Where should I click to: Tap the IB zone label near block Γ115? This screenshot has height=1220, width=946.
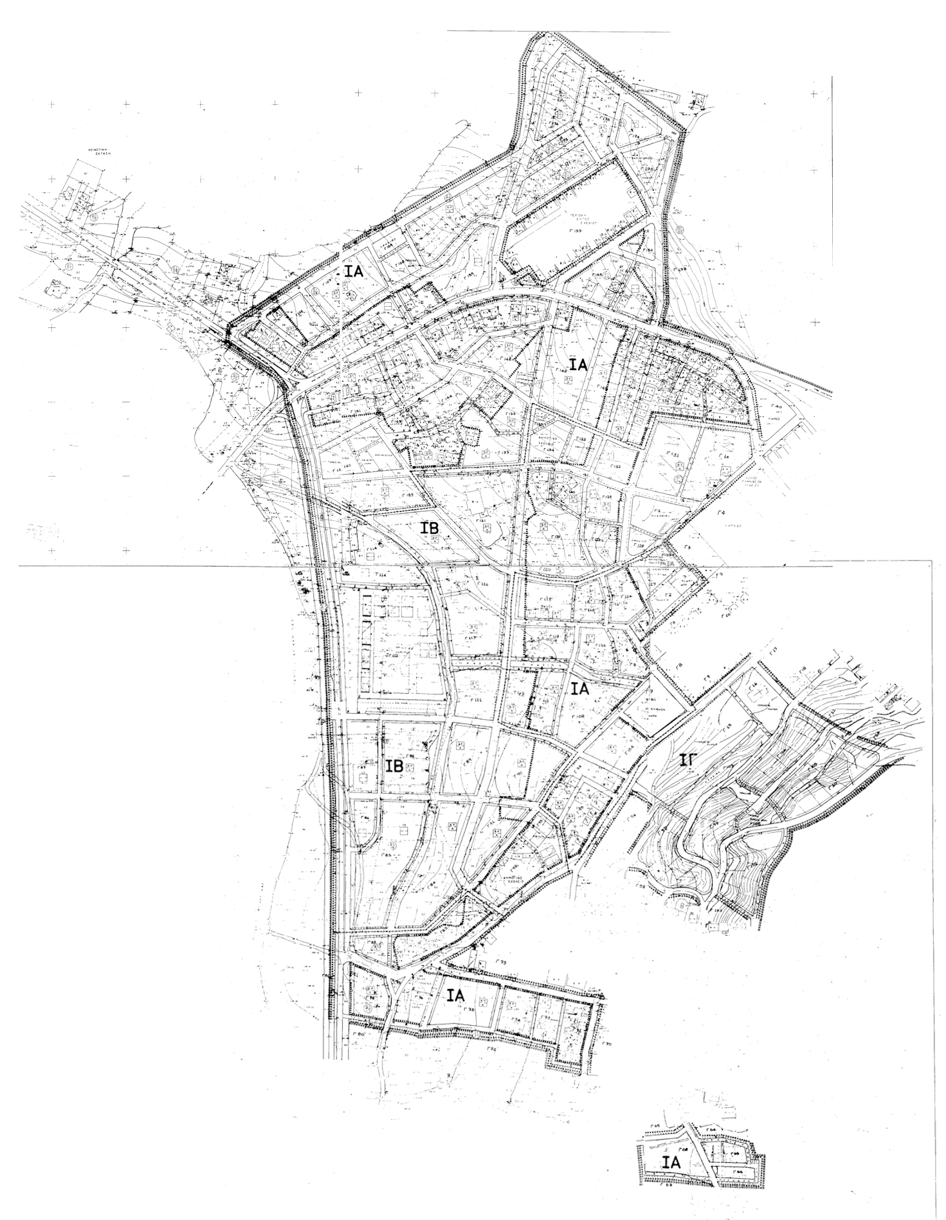click(x=430, y=528)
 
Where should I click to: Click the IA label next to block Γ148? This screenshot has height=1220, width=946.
click(x=578, y=365)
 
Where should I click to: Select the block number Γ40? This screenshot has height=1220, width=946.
click(x=775, y=407)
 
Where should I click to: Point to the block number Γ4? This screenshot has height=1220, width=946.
click(x=720, y=513)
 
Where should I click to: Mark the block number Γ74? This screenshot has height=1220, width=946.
click(x=515, y=1021)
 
